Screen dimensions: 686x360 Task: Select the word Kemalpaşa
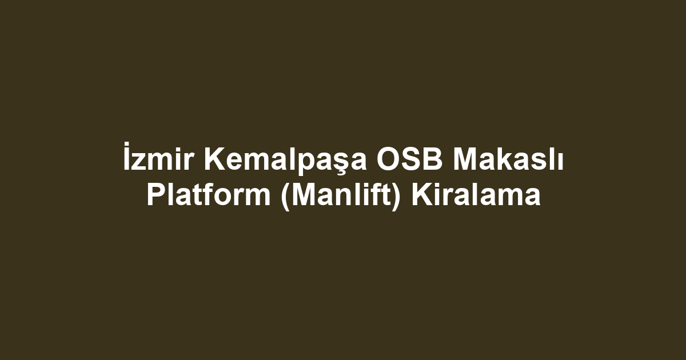(285, 161)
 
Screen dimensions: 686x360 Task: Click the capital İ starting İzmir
(126, 156)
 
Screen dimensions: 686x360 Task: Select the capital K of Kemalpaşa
(214, 159)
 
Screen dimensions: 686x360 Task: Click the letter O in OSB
(388, 159)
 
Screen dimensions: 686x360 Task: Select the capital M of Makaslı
(465, 159)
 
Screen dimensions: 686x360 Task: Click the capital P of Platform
(157, 194)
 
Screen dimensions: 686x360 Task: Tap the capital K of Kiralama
(422, 194)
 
